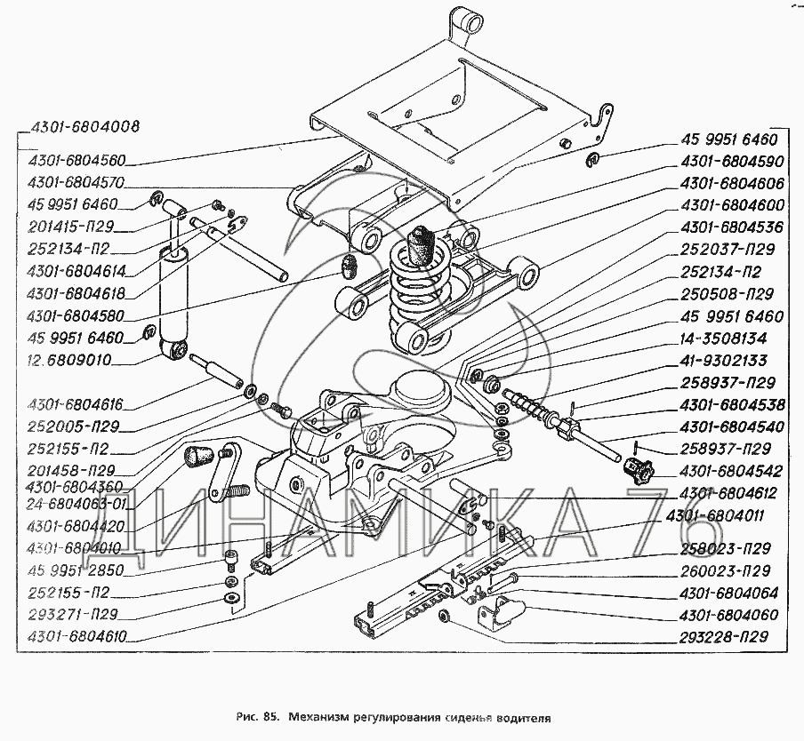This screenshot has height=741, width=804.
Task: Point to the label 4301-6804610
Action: [77, 636]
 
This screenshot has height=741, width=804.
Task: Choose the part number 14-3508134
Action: [723, 339]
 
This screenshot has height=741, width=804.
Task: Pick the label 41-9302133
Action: [723, 362]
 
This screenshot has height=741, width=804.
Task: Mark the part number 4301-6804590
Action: [732, 162]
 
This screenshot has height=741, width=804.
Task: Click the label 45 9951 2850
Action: [76, 570]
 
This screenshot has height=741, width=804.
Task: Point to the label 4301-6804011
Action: [732, 514]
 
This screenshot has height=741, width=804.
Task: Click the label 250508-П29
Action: [724, 294]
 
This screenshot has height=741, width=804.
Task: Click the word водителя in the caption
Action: [521, 713]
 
